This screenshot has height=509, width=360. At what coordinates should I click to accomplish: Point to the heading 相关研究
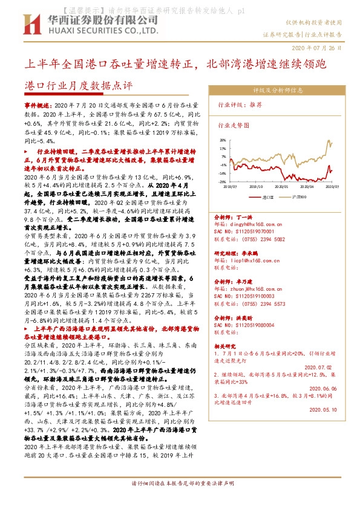227,346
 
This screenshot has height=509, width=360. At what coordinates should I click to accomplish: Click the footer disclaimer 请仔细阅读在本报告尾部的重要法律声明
180,501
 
